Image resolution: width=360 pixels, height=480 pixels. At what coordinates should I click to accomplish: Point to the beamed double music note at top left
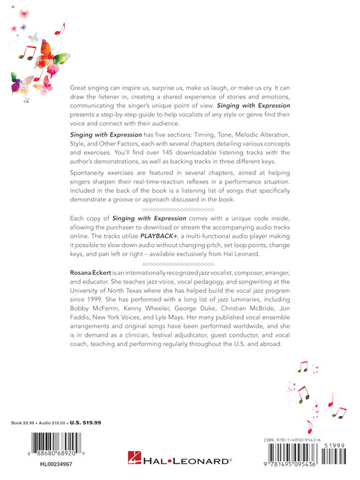(30, 53)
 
